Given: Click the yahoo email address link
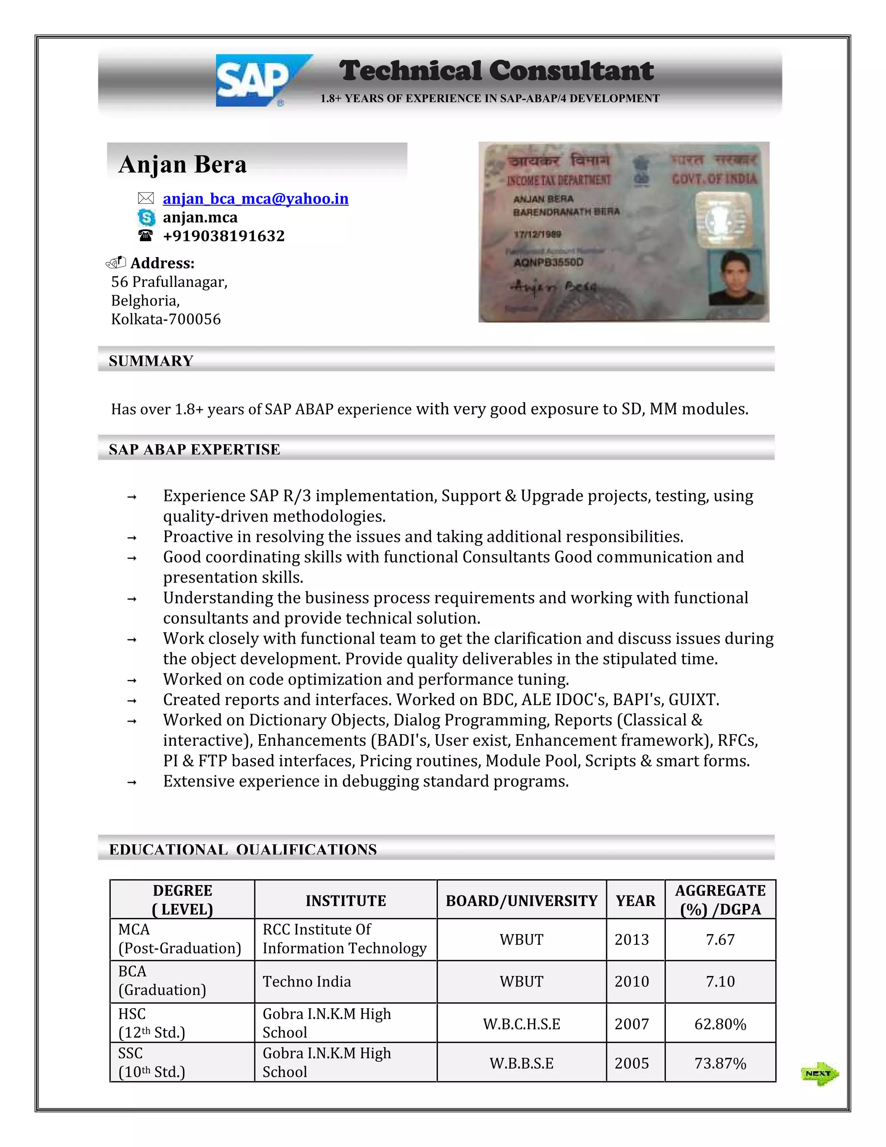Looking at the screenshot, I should point(255,199).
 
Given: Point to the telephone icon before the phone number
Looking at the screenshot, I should point(145,236).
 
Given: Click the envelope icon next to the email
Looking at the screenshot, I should point(145,199).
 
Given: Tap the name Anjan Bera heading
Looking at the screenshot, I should point(182,164).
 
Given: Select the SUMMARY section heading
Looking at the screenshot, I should point(151,361).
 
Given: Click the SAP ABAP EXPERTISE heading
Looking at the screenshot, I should point(194,450).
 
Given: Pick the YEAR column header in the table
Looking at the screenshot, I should point(635,901).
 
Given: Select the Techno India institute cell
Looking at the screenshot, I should point(307,982).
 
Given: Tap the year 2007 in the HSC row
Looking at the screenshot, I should point(632,1024).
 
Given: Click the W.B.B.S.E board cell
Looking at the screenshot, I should point(521,1063).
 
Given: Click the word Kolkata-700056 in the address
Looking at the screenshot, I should point(166,319).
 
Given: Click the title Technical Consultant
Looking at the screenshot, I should point(496,71).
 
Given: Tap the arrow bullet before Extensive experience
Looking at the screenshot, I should point(132,783).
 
